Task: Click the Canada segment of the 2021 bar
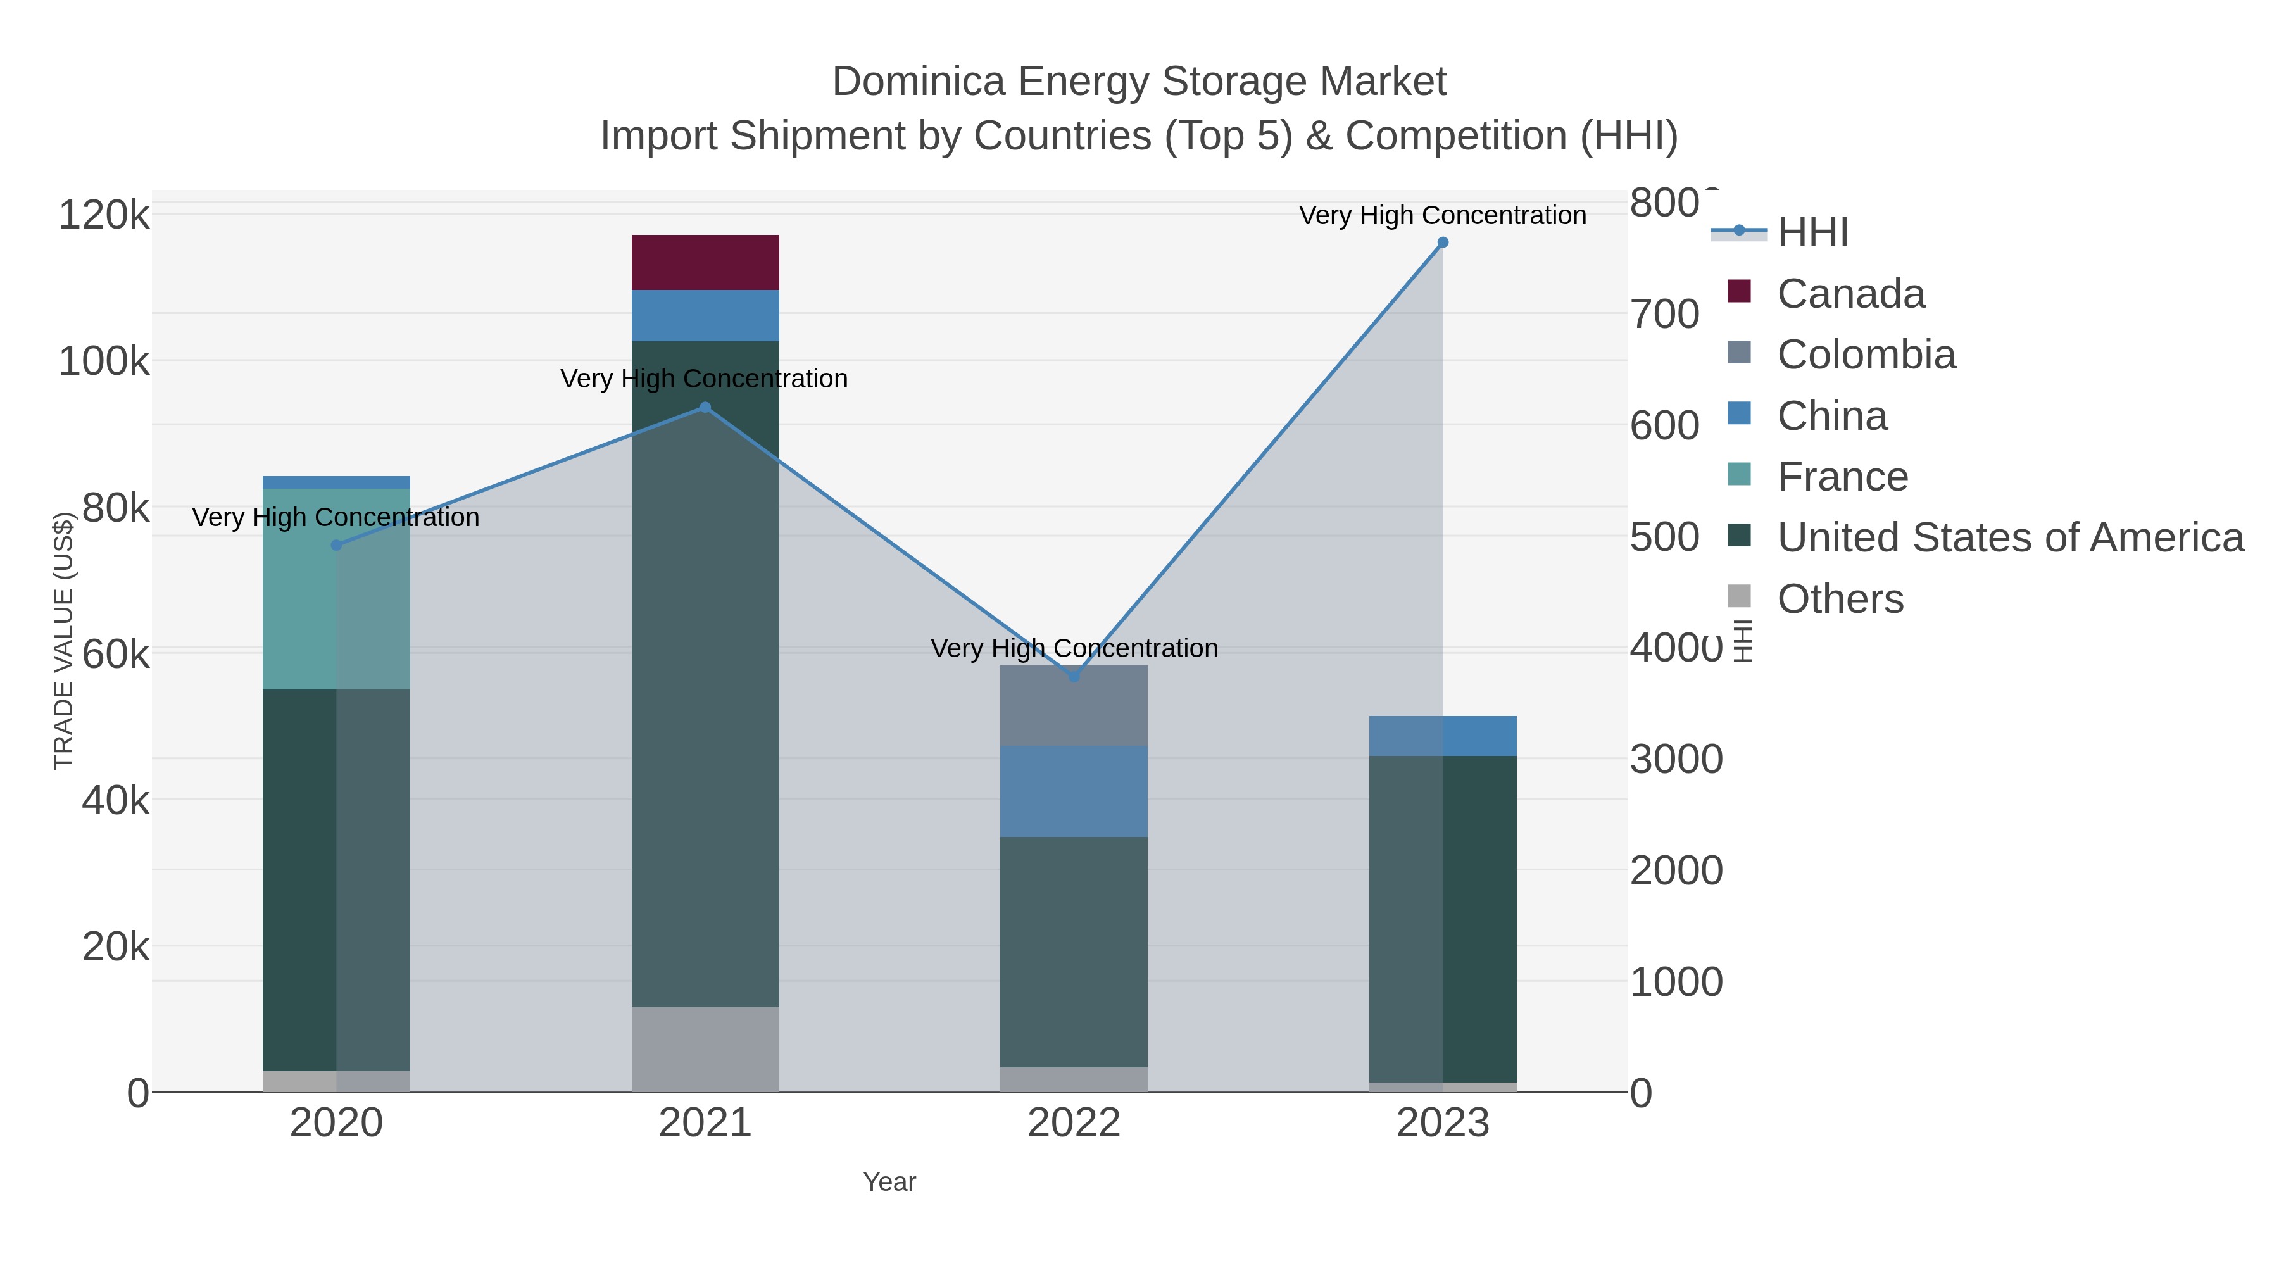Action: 705,262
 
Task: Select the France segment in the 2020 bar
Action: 336,588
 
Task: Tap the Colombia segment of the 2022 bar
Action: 1074,705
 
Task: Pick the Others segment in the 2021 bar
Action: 705,1048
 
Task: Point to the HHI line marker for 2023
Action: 1443,242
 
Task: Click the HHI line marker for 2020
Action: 336,545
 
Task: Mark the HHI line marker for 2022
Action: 1074,677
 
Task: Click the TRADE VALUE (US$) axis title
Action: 64,641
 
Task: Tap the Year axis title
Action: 889,1182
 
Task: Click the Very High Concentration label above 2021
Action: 704,379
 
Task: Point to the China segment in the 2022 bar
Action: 1074,791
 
